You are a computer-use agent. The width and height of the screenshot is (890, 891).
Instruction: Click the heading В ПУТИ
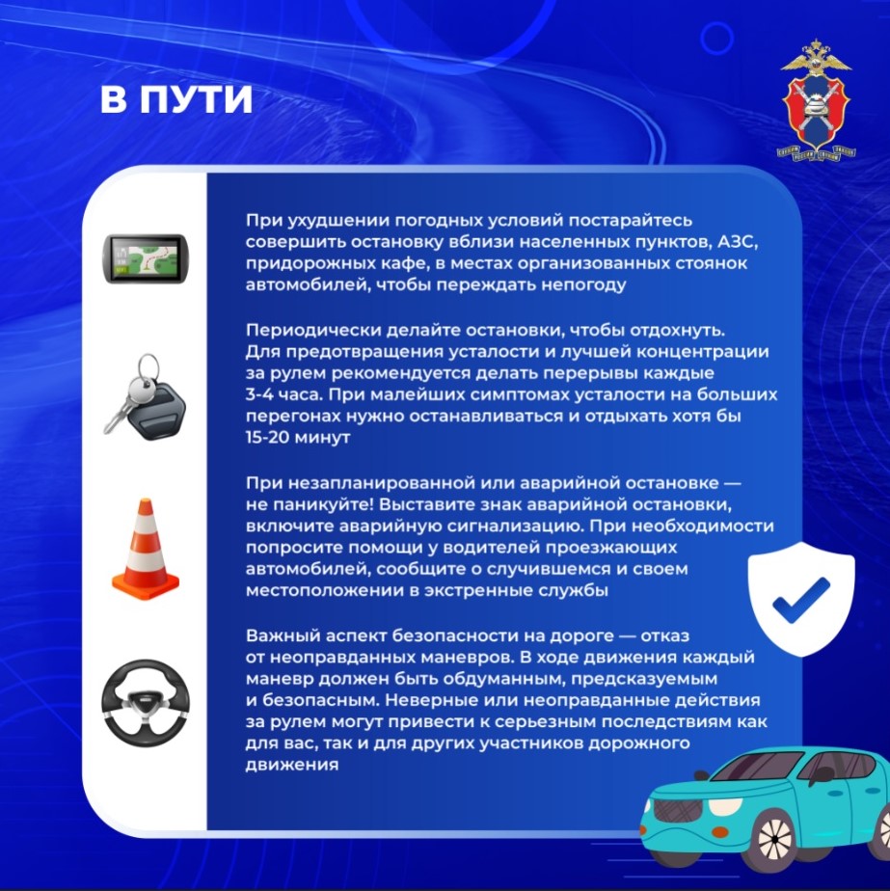[176, 100]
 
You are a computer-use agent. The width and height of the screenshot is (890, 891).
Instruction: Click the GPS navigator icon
[145, 258]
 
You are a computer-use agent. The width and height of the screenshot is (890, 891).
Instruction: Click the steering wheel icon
[146, 703]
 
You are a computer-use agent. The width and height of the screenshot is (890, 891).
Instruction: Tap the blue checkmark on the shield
[801, 601]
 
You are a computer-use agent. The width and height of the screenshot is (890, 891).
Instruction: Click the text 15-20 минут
[298, 438]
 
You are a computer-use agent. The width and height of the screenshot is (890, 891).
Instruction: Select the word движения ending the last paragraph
[292, 765]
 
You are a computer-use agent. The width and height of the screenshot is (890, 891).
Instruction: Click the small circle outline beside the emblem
[717, 38]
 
